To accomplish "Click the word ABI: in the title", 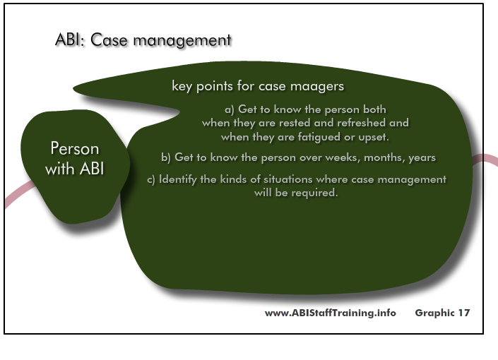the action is [x=70, y=40].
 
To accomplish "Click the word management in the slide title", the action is [x=182, y=41].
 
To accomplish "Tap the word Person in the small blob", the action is [x=75, y=148].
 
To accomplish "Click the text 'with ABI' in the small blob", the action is [x=75, y=168].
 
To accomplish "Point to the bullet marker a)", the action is [x=230, y=110].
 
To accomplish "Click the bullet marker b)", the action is [x=166, y=157].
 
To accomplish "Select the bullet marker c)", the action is [x=151, y=180].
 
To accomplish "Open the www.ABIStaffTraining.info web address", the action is [x=331, y=313].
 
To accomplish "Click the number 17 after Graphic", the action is [x=463, y=313].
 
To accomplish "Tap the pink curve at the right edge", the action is [x=485, y=159].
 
